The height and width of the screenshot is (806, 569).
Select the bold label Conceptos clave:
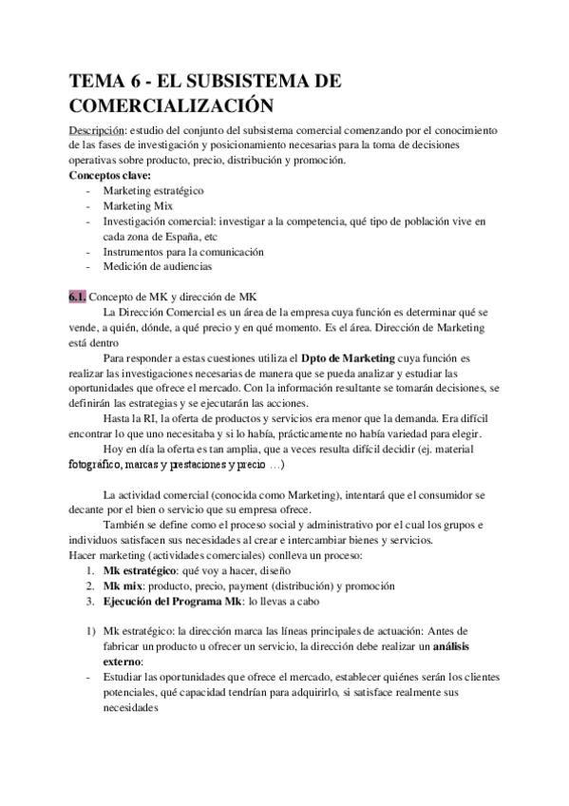point(109,175)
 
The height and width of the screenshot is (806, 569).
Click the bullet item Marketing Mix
point(137,205)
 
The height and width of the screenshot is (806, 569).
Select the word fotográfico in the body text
point(105,466)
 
